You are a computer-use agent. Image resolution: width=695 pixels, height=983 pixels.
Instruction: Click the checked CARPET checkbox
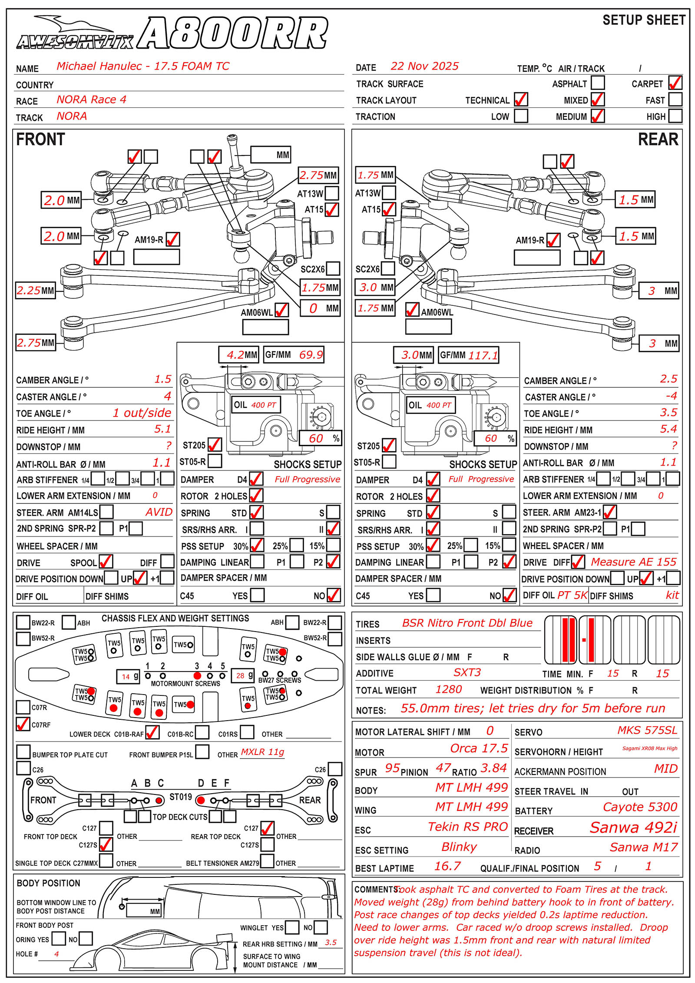coord(675,83)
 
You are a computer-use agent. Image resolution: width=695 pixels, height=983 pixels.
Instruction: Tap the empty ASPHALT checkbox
coord(598,83)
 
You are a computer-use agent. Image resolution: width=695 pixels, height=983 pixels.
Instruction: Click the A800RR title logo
coord(233,33)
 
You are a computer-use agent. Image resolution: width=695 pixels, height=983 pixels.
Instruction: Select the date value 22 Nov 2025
coord(424,66)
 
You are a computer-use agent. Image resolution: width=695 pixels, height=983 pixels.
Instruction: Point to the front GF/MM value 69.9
coord(311,355)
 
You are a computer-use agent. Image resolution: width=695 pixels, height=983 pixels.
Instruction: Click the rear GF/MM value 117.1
coord(483,355)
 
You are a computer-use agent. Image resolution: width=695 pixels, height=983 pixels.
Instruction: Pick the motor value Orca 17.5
coord(479,748)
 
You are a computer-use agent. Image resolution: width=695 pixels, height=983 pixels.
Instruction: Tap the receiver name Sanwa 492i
coord(633,827)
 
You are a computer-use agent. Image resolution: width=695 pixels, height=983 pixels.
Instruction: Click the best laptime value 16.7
coord(447,866)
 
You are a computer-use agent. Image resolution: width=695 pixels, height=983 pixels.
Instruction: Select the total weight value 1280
coord(449,689)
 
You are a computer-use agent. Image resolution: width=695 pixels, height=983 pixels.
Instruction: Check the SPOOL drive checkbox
coord(106,562)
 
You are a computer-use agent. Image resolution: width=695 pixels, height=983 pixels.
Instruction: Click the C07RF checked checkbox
coord(23,724)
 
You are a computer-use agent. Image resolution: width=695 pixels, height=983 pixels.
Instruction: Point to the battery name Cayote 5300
coord(640,807)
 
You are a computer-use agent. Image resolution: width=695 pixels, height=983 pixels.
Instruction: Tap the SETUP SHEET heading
coord(644,20)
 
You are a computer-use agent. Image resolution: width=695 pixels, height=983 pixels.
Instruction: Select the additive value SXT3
coord(467,672)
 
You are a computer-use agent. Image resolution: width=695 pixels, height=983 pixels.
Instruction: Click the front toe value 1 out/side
coord(142,413)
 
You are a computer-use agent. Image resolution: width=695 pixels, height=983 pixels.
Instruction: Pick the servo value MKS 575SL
coord(647,730)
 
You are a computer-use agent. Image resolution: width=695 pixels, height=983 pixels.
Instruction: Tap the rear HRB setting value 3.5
coord(331,942)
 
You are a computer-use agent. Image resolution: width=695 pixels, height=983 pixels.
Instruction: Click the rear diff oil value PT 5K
coord(572,595)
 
